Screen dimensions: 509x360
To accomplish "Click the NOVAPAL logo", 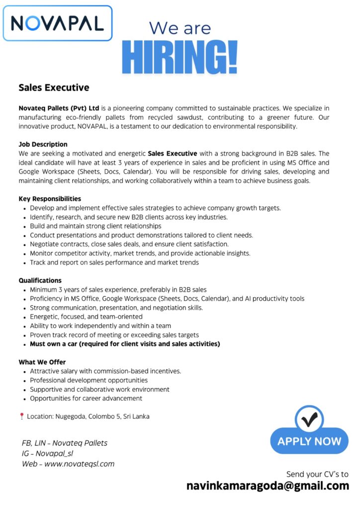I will pyautogui.click(x=58, y=23).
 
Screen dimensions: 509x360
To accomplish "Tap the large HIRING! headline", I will pyautogui.click(x=180, y=58).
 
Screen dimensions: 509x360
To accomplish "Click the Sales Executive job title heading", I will pyautogui.click(x=54, y=88).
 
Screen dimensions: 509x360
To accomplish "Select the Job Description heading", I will pyautogui.click(x=43, y=145).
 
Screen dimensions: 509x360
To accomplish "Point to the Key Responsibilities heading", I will pyautogui.click(x=50, y=199).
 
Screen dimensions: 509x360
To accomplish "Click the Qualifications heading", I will pyautogui.click(x=40, y=280).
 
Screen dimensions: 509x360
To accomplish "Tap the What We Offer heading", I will pyautogui.click(x=42, y=362).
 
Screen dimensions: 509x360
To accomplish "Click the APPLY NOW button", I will pyautogui.click(x=309, y=441).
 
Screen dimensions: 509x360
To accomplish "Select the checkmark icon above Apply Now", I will pyautogui.click(x=309, y=419).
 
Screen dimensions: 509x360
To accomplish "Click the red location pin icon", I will pyautogui.click(x=21, y=417).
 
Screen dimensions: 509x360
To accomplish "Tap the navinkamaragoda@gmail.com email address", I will pyautogui.click(x=268, y=486).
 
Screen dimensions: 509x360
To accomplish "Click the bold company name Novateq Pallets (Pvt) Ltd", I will pyautogui.click(x=59, y=108).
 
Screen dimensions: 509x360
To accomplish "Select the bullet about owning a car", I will pyautogui.click(x=125, y=343).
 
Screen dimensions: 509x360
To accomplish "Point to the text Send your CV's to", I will pyautogui.click(x=317, y=474).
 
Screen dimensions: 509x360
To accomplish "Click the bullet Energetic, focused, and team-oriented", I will pyautogui.click(x=86, y=317).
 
